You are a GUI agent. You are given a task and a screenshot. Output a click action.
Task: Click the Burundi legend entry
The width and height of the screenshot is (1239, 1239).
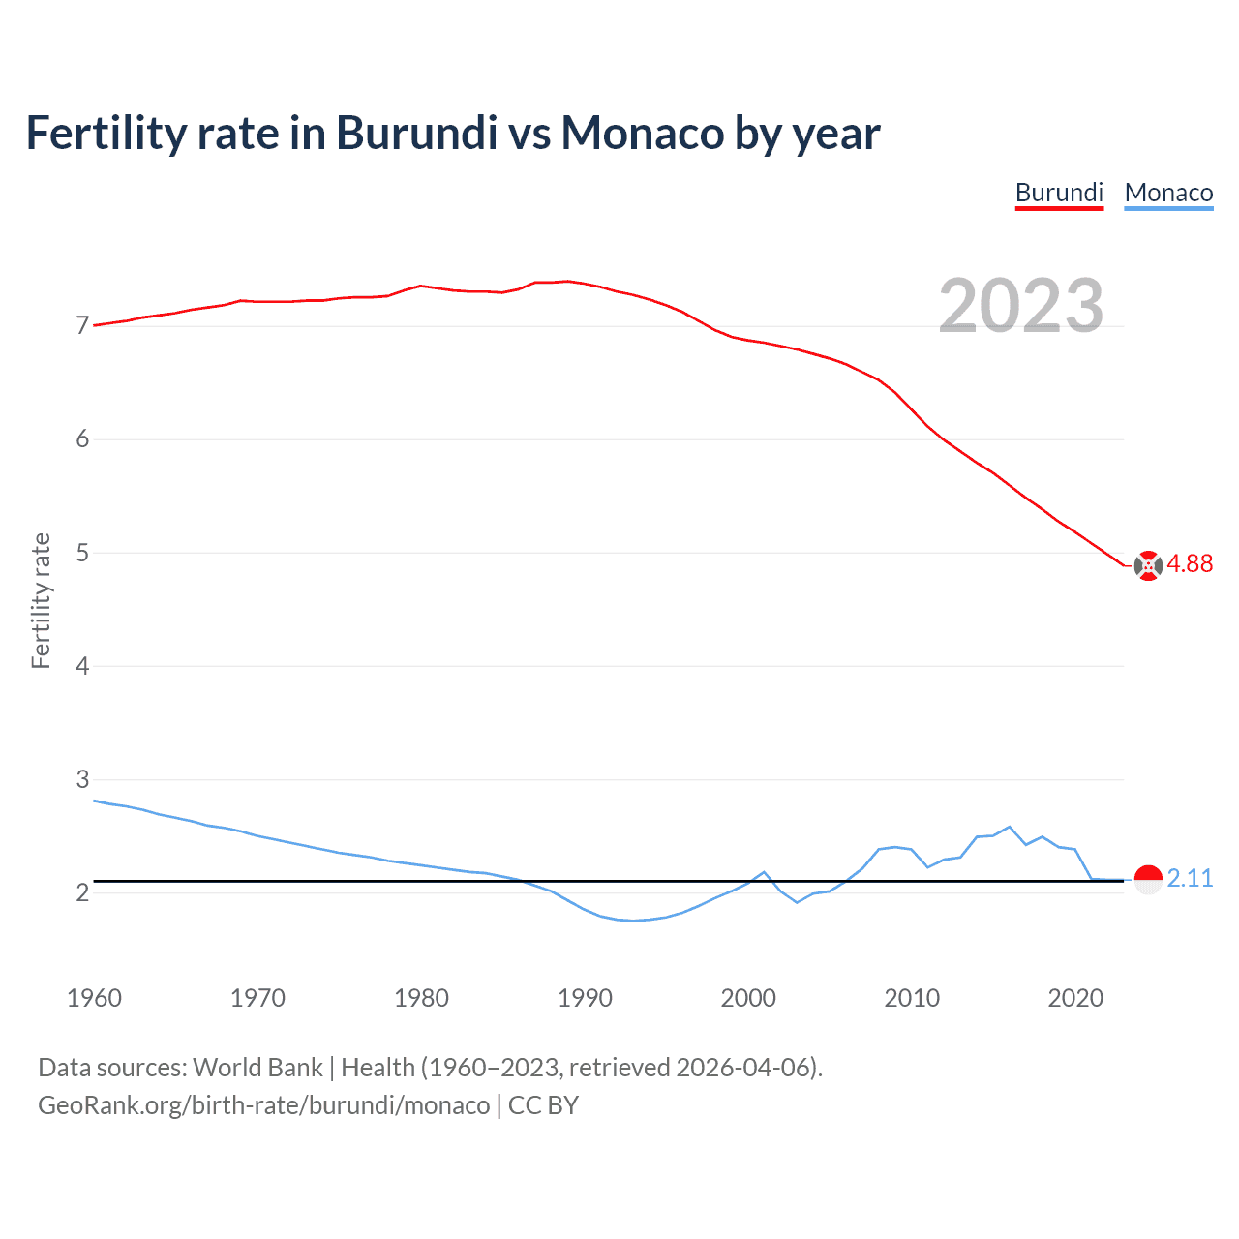1059,193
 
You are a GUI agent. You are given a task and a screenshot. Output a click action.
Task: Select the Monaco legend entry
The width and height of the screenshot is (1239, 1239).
1168,193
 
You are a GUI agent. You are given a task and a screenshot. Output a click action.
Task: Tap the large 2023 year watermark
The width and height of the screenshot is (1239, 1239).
1021,306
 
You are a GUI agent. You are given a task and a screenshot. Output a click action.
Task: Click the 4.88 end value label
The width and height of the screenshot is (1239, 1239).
1190,563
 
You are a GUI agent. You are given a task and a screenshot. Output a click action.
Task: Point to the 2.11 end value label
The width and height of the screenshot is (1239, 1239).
1190,878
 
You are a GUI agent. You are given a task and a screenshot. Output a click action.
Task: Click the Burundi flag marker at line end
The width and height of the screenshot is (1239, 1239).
1148,565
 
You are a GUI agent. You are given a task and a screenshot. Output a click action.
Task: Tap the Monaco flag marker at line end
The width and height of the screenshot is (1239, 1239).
1148,880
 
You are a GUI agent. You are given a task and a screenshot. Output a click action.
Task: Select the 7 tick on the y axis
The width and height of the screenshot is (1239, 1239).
82,326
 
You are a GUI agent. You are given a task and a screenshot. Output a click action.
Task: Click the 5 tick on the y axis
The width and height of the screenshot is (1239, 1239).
82,553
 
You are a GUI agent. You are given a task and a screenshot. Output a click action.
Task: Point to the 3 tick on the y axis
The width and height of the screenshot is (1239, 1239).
82,779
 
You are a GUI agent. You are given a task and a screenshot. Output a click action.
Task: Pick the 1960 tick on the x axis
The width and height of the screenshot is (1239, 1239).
94,998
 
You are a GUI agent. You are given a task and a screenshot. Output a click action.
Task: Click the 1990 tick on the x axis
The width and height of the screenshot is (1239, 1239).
585,998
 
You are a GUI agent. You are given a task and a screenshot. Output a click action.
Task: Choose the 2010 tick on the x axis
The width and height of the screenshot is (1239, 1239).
912,998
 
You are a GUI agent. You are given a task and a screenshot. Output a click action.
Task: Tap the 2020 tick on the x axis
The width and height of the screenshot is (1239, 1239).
1075,998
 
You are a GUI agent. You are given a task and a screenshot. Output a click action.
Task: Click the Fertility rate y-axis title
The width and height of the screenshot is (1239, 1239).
41,600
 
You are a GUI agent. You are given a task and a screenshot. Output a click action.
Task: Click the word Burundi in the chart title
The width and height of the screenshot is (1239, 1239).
416,133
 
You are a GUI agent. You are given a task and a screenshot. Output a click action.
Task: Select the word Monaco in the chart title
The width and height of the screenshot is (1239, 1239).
643,133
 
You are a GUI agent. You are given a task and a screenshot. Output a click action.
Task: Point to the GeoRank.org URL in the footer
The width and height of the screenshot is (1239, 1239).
263,1105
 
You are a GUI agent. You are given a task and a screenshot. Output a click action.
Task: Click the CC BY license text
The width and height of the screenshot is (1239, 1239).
543,1105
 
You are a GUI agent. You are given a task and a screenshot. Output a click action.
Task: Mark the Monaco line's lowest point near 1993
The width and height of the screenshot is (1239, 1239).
634,921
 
